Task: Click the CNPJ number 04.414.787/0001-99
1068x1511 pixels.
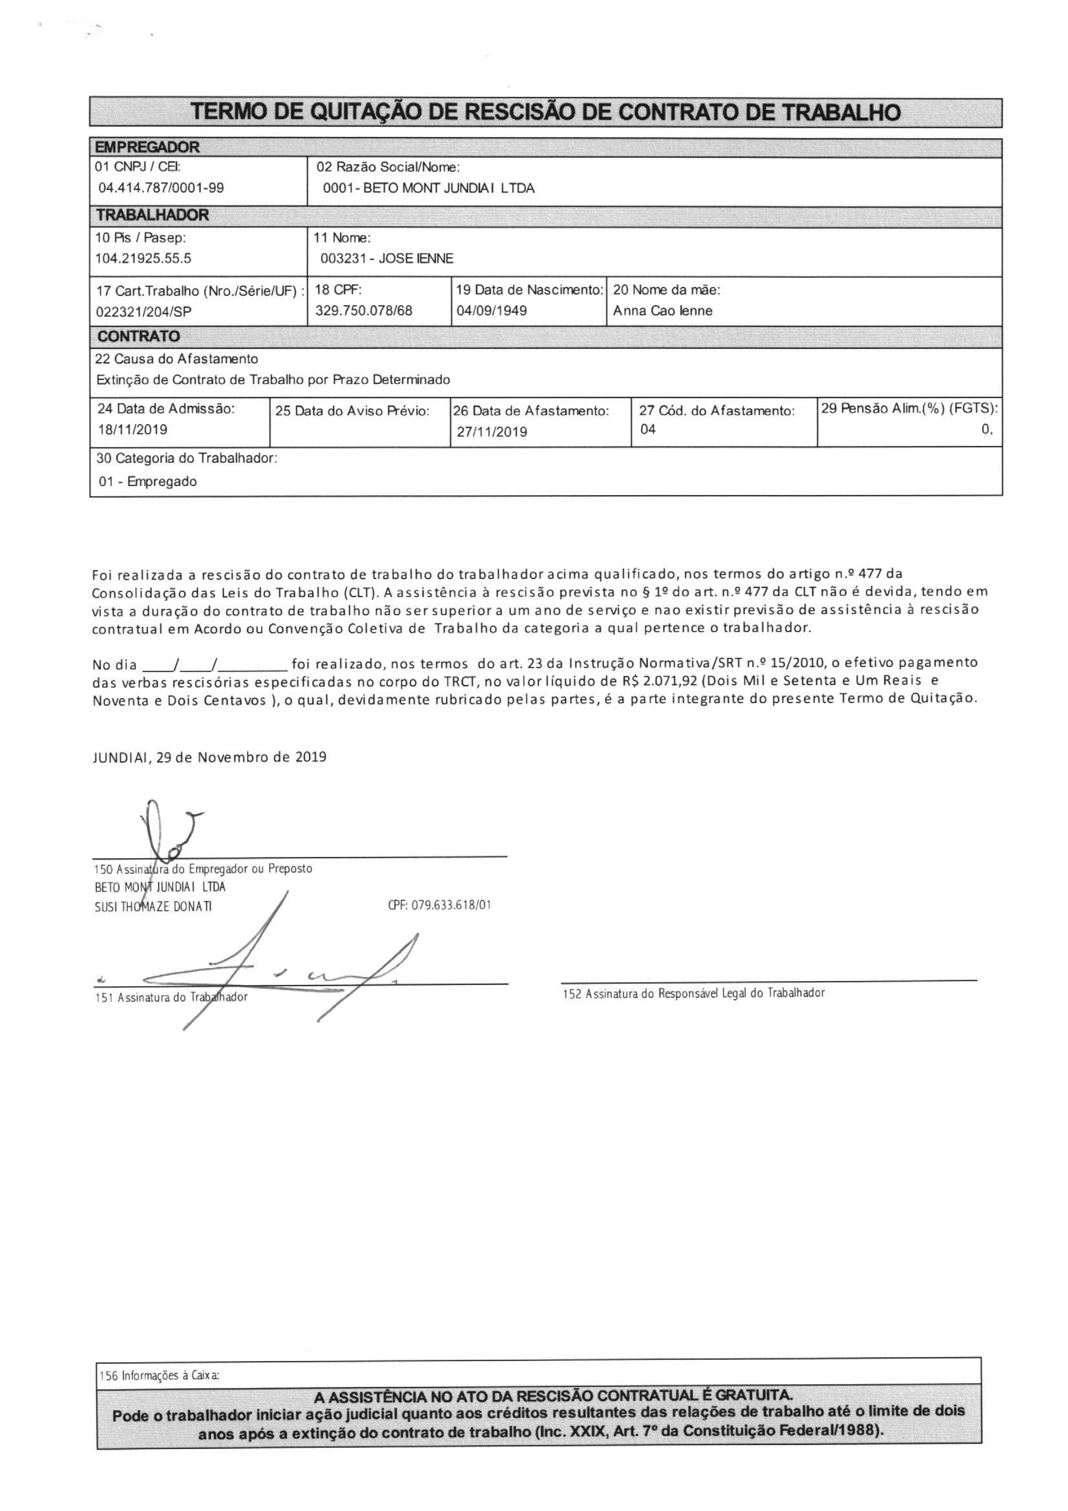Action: coord(162,188)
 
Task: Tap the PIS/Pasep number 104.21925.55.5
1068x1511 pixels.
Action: coord(143,259)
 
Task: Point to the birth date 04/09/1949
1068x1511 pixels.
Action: coord(492,311)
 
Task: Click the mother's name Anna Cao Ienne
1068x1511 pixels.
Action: coord(663,311)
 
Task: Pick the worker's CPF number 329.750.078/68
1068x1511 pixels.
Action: coord(364,311)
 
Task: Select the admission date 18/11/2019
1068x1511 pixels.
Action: coord(132,430)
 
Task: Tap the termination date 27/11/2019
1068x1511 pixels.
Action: coord(492,432)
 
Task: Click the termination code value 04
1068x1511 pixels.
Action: coord(647,429)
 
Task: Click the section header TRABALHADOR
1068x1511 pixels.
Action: coord(152,215)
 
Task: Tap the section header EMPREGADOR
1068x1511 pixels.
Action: coord(148,147)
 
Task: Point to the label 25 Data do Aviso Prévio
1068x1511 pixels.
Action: coord(352,411)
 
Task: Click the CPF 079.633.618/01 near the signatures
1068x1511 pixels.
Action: coord(439,905)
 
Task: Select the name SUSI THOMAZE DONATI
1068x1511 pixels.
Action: coord(153,906)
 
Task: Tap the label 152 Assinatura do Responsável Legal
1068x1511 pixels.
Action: coord(693,993)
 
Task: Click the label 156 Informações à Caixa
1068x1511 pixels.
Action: coord(160,1375)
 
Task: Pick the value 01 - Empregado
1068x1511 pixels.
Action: coord(148,481)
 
